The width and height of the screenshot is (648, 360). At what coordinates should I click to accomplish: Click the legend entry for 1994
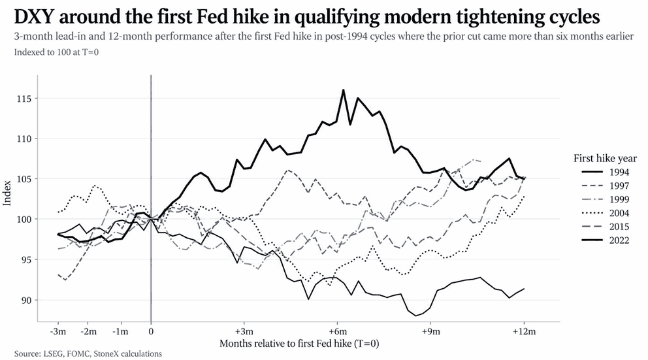tap(605, 172)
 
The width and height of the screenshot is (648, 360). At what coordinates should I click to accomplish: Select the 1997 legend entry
tap(605, 186)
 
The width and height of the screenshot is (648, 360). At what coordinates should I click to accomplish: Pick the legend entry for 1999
tap(605, 199)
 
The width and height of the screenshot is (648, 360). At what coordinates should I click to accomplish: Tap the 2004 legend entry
tap(605, 213)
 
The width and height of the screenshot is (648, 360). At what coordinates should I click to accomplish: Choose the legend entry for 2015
tap(605, 227)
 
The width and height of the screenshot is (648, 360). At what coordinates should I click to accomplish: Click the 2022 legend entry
tap(605, 240)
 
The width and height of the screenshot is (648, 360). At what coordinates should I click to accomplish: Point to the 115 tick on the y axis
tap(24, 99)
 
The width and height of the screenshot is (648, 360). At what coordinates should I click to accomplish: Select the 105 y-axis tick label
tap(24, 179)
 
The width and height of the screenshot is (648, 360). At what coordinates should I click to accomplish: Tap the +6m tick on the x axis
tap(338, 331)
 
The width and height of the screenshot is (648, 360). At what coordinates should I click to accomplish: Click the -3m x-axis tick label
tap(58, 331)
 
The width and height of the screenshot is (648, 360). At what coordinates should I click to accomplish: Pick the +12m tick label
tap(524, 331)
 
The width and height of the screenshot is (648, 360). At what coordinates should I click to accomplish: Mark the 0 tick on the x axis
tap(151, 331)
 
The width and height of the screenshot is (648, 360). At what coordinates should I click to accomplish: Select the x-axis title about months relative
tap(299, 344)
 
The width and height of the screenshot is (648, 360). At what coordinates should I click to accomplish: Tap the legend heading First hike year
tap(605, 158)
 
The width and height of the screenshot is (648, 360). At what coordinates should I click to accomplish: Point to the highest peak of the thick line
tap(343, 90)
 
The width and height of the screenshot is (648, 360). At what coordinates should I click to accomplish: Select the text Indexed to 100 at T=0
tap(56, 52)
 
